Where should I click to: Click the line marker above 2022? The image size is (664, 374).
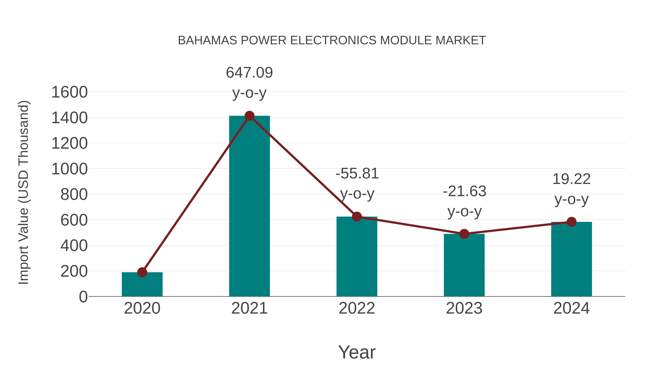click(357, 217)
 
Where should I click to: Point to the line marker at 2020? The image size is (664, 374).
click(142, 272)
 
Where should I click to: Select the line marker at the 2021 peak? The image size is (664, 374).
click(249, 116)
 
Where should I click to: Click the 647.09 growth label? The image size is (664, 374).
click(249, 73)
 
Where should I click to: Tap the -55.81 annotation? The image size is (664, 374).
click(357, 173)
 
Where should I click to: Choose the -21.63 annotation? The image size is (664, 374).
click(464, 192)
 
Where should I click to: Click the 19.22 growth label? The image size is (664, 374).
click(571, 179)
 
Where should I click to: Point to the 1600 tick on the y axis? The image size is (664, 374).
click(69, 92)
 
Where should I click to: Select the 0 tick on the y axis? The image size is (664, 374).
click(83, 297)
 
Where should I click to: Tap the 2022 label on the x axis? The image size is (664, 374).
click(357, 308)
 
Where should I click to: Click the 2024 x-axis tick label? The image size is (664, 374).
click(571, 308)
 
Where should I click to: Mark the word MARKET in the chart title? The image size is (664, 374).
click(461, 40)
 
